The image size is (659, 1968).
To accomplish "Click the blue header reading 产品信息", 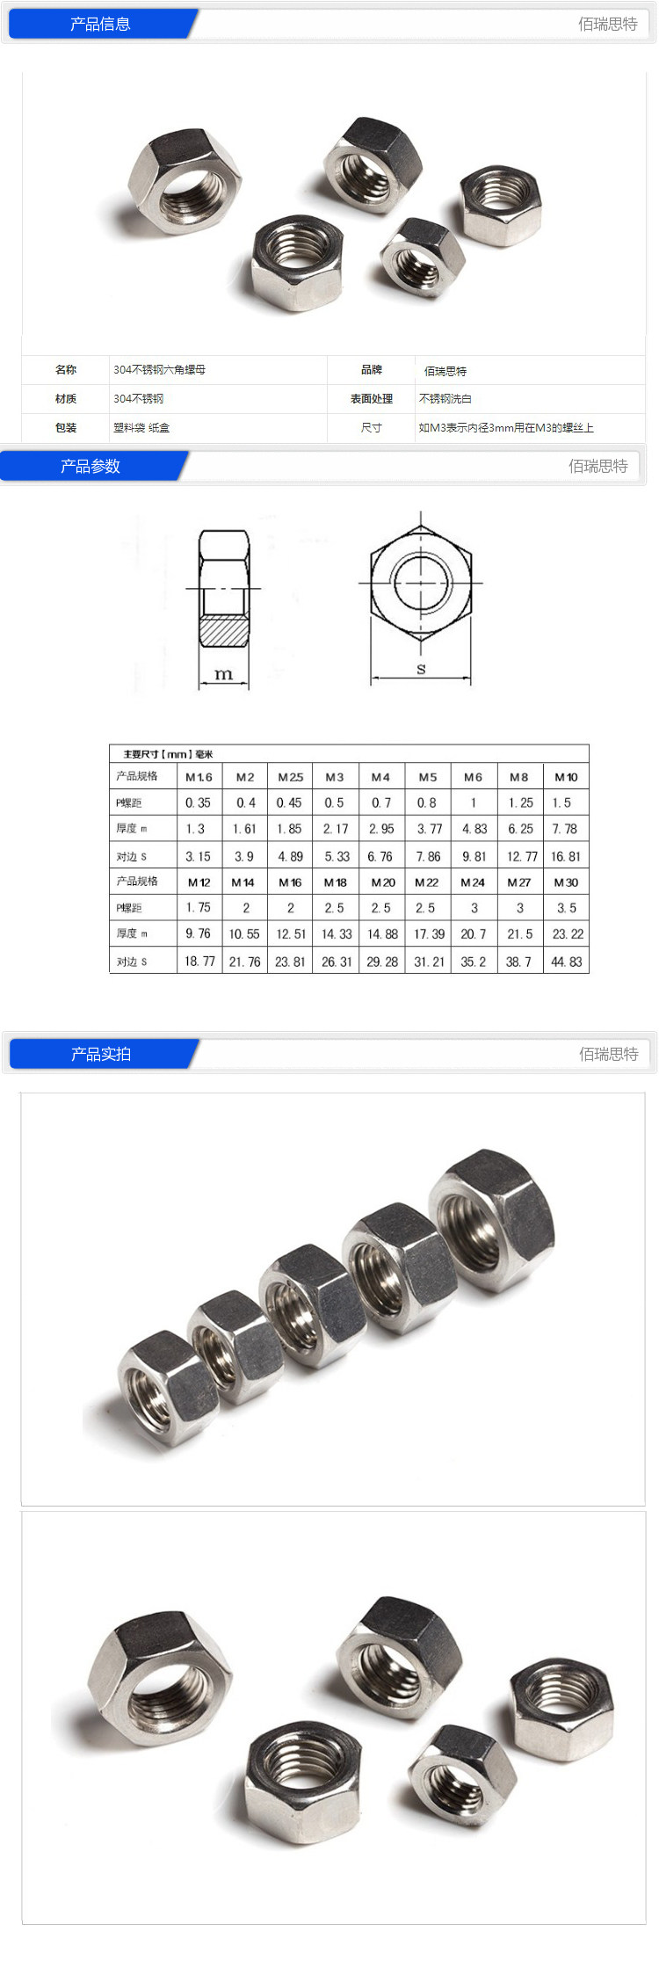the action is pos(100,24).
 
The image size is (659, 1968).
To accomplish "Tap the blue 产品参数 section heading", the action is pos(91,466).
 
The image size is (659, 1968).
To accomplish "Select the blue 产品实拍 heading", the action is pos(101,1054).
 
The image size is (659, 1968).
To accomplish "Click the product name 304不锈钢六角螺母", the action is pos(159,370).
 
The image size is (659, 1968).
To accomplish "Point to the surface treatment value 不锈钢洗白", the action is pos(445,399).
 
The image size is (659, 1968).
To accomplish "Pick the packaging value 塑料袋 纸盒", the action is pos(141,428).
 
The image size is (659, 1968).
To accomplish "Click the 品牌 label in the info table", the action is pos(372,370).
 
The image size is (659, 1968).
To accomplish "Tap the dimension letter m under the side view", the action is pos(224,674).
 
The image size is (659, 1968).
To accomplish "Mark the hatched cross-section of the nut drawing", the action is pos(224,630).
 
